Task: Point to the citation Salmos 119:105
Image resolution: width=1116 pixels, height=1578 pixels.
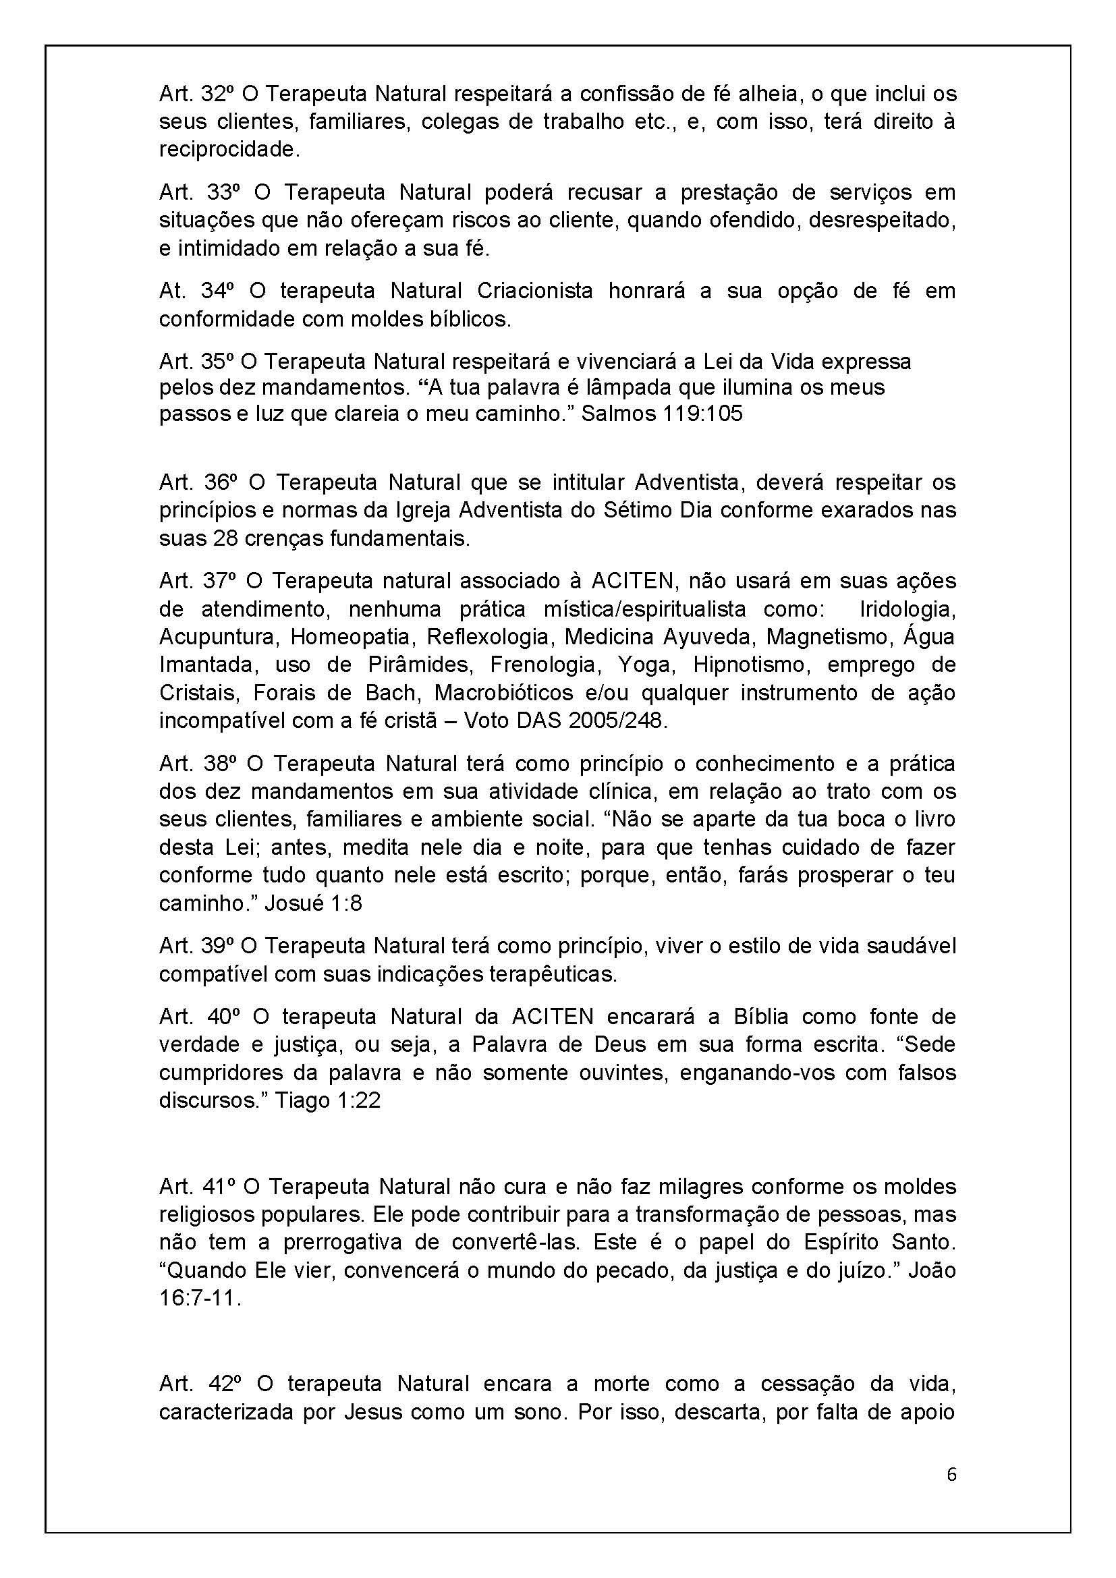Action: tap(662, 414)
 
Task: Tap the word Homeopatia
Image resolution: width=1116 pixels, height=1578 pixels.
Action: tap(350, 636)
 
